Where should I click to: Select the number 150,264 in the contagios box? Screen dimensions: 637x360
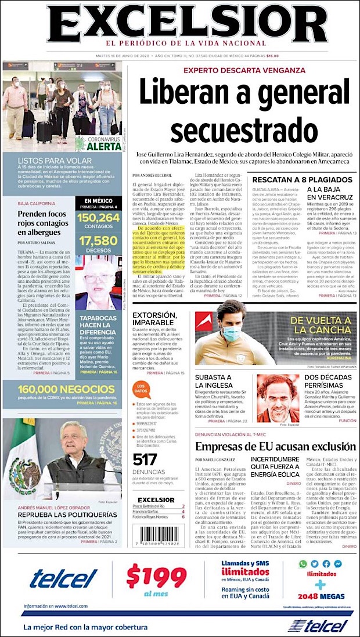pyautogui.click(x=98, y=218)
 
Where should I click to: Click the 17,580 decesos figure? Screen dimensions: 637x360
pyautogui.click(x=98, y=240)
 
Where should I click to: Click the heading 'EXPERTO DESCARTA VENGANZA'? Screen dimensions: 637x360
pyautogui.click(x=244, y=70)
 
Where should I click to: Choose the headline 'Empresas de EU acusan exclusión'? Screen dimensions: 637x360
pyautogui.click(x=274, y=447)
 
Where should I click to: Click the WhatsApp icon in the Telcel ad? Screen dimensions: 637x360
pyautogui.click(x=303, y=563)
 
